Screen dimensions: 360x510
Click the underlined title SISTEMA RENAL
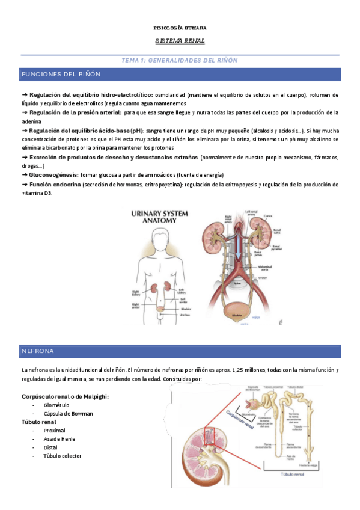(x=180, y=41)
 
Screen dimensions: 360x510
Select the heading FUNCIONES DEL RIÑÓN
(x=61, y=74)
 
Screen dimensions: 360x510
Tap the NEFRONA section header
(x=38, y=351)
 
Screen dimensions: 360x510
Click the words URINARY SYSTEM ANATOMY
(x=154, y=217)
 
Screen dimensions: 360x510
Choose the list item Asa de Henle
(x=59, y=438)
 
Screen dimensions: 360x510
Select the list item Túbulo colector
(x=63, y=455)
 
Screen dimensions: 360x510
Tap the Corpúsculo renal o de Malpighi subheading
(x=65, y=396)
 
